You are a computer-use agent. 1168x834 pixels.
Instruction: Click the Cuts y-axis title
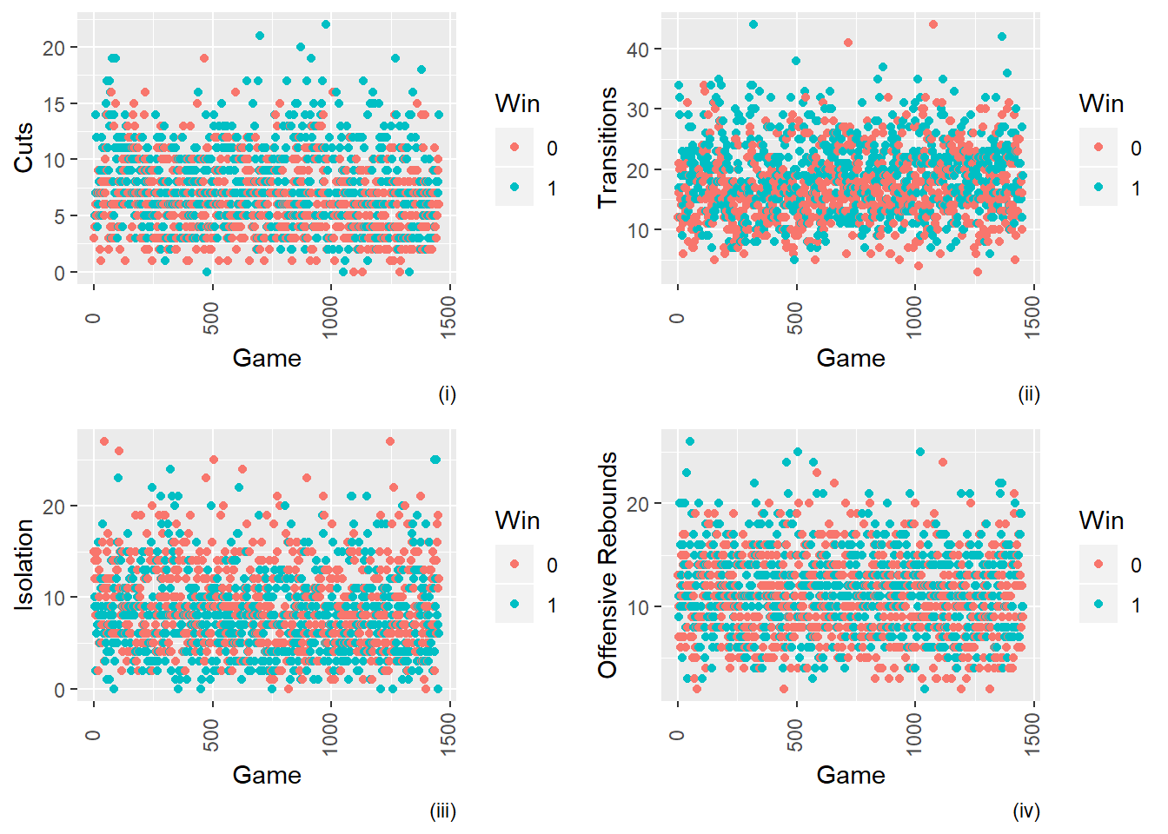23,147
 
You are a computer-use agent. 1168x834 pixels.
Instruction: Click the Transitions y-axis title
607,147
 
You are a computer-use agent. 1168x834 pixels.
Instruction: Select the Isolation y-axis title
23,565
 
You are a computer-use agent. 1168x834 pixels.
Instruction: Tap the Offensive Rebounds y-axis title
607,565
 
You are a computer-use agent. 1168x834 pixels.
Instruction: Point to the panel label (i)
447,394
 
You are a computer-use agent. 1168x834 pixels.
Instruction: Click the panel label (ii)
1029,394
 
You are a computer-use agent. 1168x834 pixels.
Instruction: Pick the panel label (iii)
443,811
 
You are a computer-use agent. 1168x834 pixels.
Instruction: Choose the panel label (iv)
1026,811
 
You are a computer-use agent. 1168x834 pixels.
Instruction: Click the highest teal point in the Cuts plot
326,24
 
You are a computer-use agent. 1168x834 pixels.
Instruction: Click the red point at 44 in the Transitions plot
933,24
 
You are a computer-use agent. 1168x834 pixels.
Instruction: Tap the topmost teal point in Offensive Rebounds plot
690,441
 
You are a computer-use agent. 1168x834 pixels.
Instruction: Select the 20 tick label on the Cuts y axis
54,48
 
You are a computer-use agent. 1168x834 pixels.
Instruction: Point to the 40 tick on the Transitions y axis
638,50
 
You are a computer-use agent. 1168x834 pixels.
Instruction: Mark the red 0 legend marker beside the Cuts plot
515,148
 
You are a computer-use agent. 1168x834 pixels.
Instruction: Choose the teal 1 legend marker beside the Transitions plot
1099,188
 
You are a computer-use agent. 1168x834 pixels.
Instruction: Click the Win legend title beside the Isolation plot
517,520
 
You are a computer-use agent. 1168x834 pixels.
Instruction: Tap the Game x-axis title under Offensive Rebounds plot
850,775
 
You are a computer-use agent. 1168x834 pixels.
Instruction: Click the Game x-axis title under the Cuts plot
267,358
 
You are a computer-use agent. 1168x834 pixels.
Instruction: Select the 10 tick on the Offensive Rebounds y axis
638,607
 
